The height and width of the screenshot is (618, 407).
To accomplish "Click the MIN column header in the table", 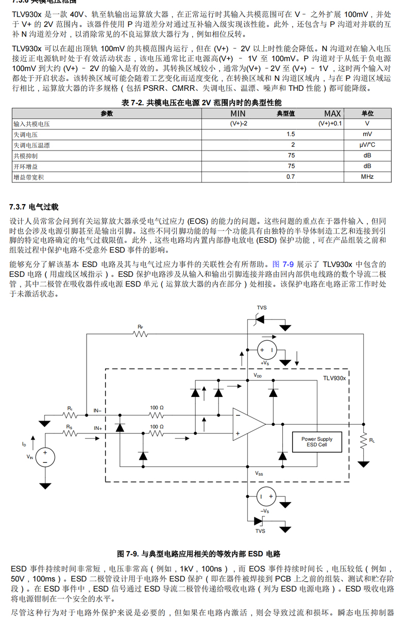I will click(238, 113).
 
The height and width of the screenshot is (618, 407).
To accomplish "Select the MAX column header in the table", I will click(332, 113).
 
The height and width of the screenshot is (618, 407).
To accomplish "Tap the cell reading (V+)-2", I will click(239, 124).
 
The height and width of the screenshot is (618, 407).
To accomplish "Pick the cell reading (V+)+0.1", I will click(330, 124).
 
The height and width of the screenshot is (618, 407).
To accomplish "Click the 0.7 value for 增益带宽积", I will click(291, 177).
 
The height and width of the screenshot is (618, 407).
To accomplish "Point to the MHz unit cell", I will click(367, 177).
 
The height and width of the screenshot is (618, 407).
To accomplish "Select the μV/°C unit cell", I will click(367, 145).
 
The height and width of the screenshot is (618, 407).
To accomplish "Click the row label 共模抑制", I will click(25, 156).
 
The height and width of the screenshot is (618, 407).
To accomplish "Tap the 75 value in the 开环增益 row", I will click(291, 166).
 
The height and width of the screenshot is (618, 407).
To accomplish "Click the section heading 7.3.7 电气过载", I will click(34, 207).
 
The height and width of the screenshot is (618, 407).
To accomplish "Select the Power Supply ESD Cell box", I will click(317, 442).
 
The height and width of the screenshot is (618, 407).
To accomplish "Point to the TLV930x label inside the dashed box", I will click(334, 378).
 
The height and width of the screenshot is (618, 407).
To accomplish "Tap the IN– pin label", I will click(97, 411).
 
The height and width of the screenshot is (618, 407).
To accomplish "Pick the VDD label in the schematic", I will click(258, 375).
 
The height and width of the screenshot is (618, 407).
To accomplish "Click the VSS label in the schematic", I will click(259, 472).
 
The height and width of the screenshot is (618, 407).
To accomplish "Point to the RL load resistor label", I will click(372, 441).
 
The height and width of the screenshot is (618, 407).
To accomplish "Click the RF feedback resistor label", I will click(140, 327).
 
